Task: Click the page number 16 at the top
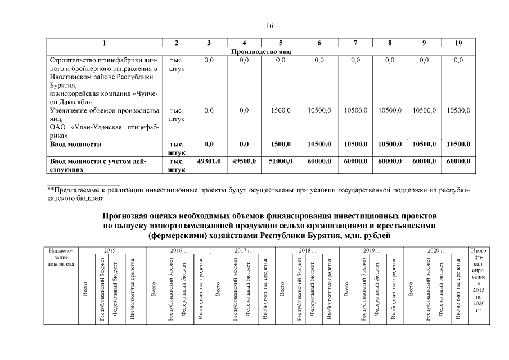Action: pos(269,26)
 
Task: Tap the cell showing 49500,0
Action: pos(244,161)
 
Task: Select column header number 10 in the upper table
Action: pos(458,43)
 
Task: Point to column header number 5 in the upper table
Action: pos(280,43)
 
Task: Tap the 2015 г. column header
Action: pos(112,249)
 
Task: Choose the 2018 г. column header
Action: pos(307,249)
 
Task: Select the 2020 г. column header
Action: pos(435,249)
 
